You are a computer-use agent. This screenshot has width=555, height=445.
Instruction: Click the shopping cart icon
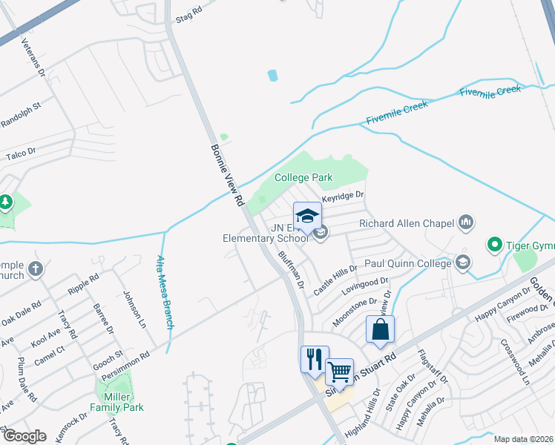[x=340, y=370]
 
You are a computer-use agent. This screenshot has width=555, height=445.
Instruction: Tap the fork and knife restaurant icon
[x=313, y=360]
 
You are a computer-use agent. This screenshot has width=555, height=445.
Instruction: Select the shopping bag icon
[x=380, y=329]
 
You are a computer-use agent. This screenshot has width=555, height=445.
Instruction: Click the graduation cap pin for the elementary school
[x=308, y=216]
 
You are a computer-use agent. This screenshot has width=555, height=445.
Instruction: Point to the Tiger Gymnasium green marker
[x=494, y=243]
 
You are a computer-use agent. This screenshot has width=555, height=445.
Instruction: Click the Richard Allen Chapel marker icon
[x=467, y=221]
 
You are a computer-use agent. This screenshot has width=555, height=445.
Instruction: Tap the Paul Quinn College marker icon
[x=463, y=262]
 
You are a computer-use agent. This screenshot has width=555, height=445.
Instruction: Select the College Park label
[x=303, y=177]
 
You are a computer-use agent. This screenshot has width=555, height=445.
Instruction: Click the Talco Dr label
[x=21, y=154]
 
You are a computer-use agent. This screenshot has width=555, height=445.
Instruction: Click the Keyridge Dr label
[x=344, y=196]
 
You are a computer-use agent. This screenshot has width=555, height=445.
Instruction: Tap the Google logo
[x=24, y=435]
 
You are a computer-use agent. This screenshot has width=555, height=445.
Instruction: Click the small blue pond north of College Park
[x=272, y=75]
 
